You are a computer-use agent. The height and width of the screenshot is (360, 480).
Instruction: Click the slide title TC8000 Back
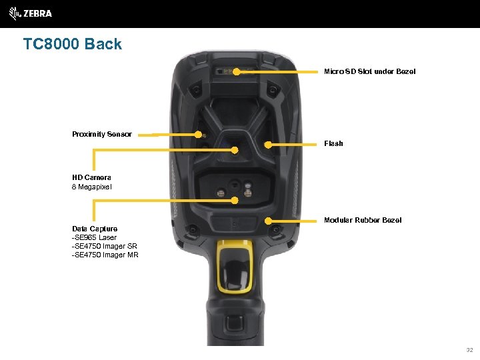coord(73,45)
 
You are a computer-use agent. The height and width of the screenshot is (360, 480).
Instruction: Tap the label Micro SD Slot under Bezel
coord(369,71)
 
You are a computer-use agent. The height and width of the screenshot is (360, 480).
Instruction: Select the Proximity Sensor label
coord(102,134)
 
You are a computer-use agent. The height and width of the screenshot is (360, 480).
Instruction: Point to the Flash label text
coord(333,143)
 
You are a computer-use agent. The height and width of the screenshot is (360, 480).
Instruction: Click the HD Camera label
coord(91,178)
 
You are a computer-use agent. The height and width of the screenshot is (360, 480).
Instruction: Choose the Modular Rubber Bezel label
coord(363,220)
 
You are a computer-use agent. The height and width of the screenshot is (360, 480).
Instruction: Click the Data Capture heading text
coord(95,229)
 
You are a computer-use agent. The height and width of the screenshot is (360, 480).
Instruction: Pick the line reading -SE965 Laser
coord(94,237)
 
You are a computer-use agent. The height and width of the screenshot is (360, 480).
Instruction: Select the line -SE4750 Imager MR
coord(105,255)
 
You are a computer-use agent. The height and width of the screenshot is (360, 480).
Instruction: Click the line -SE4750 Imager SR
coord(105,246)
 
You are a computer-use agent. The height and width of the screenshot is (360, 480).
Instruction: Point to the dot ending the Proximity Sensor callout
coord(198,134)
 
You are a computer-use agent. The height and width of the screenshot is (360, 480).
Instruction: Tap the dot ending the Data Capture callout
coord(235,199)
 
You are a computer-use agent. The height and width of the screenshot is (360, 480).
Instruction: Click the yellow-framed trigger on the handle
coord(235,270)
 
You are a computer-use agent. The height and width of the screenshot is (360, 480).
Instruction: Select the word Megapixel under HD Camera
coord(96,187)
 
